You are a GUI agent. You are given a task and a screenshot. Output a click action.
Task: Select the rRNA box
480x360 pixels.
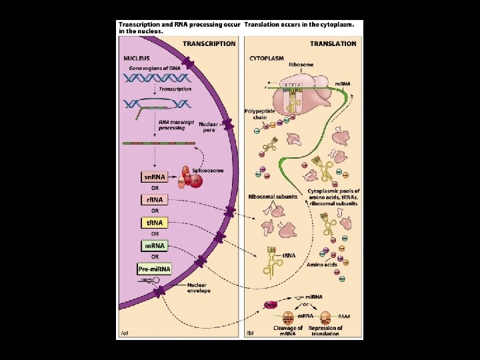coord(154,199)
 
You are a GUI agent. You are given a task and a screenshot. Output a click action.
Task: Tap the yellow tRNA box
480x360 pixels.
coord(154,223)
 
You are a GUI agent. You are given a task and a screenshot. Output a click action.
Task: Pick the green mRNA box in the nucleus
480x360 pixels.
coord(154,245)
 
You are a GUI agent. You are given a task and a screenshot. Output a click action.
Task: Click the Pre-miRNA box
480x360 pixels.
coord(154,269)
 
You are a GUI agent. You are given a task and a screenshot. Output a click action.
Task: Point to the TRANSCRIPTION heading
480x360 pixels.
coord(209,44)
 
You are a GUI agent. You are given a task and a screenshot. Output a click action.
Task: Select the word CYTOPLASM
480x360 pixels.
coord(267,58)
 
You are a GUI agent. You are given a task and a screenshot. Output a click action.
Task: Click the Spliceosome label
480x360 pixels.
coord(207,171)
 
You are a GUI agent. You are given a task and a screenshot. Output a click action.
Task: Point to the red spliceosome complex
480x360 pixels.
coord(193,182)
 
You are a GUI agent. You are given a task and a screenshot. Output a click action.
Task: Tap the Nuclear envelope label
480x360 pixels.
coord(198,288)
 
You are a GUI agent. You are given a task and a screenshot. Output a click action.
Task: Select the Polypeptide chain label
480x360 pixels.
coord(256,114)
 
